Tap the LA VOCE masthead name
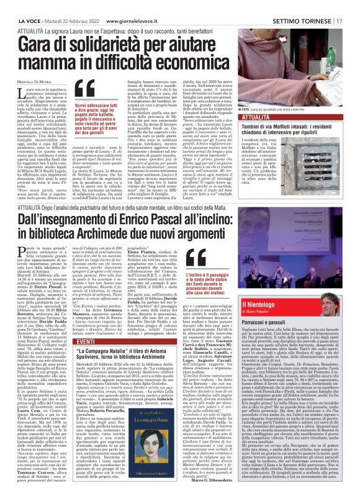pos(17,6)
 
